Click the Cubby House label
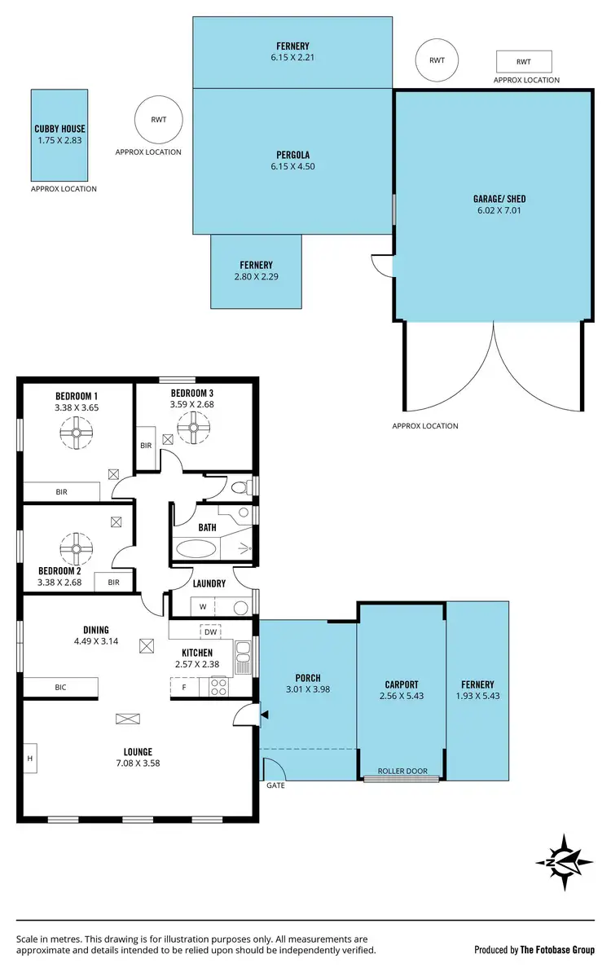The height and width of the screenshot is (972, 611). [59, 129]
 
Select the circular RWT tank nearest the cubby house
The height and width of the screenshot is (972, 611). [158, 120]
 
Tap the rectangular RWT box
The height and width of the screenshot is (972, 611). [524, 61]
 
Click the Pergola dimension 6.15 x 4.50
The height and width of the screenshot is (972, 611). [292, 167]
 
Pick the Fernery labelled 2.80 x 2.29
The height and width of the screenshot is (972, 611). [256, 276]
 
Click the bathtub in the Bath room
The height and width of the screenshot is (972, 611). [196, 548]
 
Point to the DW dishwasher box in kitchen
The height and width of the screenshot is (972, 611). [210, 631]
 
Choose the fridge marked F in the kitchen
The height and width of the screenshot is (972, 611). [184, 688]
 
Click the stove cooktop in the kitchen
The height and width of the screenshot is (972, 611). [218, 687]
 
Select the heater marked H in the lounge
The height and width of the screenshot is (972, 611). [30, 758]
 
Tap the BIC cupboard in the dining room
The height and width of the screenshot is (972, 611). [60, 688]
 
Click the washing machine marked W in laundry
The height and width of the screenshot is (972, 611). [202, 607]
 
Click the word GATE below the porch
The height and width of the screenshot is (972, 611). [275, 786]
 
